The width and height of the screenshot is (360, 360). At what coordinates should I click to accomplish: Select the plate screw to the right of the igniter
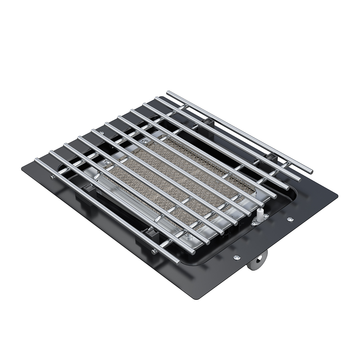click(x=290, y=219)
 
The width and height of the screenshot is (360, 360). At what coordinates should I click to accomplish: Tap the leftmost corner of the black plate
click(x=22, y=169)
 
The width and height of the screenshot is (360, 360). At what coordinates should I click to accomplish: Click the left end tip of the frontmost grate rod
click(x=36, y=160)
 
